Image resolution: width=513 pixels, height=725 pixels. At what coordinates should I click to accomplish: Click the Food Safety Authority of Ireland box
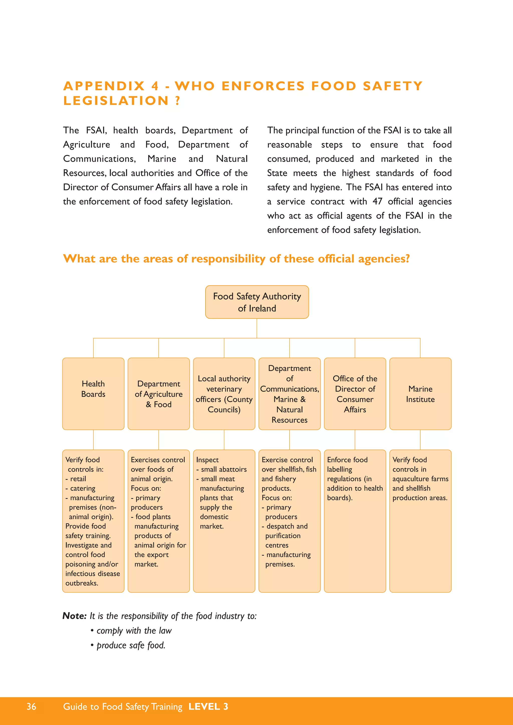pyautogui.click(x=257, y=302)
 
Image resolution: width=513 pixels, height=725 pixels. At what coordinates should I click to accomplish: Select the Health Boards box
pyautogui.click(x=93, y=393)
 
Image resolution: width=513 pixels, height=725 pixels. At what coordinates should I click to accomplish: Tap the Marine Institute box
pyautogui.click(x=420, y=394)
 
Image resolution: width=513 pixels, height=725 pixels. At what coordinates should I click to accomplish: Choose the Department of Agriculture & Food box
pyautogui.click(x=159, y=394)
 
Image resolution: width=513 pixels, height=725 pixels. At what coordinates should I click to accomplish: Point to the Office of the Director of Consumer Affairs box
pyautogui.click(x=355, y=394)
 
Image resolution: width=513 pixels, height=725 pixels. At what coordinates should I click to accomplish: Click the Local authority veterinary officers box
pyautogui.click(x=224, y=394)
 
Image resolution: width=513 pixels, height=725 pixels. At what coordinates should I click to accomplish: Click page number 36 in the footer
pyautogui.click(x=31, y=706)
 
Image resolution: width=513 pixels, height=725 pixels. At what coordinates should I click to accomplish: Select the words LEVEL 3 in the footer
pyautogui.click(x=208, y=706)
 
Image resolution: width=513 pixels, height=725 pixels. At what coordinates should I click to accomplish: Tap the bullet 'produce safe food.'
pyautogui.click(x=131, y=645)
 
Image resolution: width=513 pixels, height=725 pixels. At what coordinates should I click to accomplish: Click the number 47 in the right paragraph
pyautogui.click(x=377, y=201)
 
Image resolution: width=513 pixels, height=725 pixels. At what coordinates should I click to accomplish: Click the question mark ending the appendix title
pyautogui.click(x=178, y=101)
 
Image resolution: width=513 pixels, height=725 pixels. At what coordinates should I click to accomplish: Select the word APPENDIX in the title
pyautogui.click(x=104, y=86)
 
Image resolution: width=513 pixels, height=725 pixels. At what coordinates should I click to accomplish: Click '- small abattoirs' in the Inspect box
pyautogui.click(x=221, y=469)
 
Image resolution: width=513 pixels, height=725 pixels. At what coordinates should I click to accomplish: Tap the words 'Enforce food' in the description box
pyautogui.click(x=347, y=460)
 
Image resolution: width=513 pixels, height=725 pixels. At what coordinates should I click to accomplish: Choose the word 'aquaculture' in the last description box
pyautogui.click(x=411, y=479)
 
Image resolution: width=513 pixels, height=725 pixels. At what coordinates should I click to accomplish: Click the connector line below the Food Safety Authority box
pyautogui.click(x=257, y=328)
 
